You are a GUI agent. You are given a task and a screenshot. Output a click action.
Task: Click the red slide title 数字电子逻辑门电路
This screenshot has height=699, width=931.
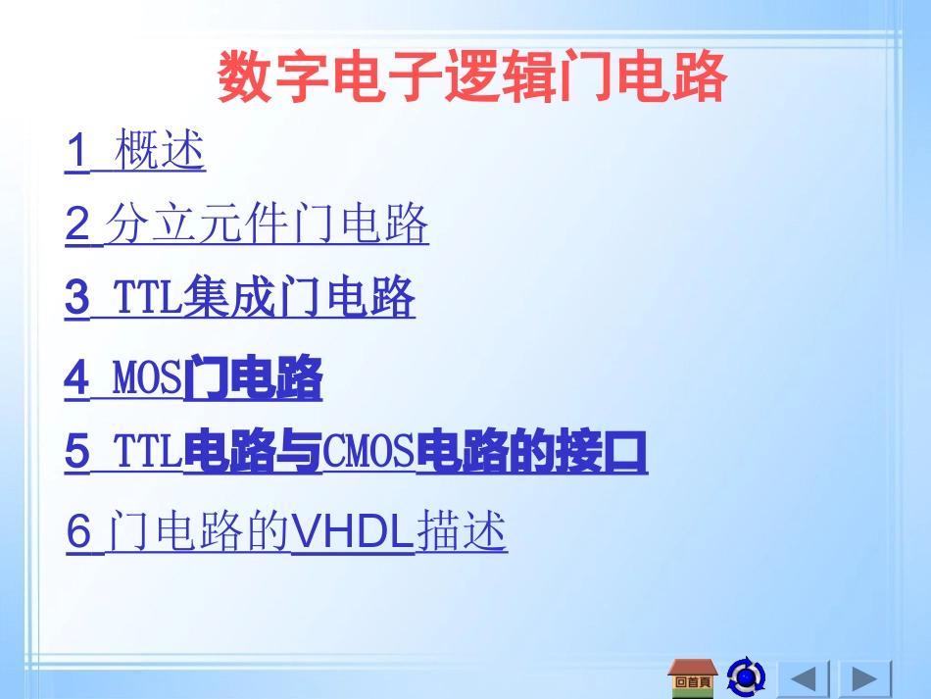coord(471,77)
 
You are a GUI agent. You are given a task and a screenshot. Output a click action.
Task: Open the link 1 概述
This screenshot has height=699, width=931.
coord(135,152)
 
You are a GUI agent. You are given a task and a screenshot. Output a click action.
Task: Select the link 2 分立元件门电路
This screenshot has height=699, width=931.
coord(247,225)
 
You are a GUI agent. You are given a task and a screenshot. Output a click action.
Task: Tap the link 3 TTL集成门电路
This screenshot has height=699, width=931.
coord(240,298)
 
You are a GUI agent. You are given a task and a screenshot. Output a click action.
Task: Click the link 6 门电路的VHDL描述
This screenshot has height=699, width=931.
coord(286,532)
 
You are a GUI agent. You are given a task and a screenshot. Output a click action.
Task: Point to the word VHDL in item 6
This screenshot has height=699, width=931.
coord(353,532)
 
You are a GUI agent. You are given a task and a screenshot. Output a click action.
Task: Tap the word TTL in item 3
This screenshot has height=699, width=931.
coord(148,298)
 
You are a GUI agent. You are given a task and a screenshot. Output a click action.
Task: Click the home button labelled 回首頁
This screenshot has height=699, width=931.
coord(693,677)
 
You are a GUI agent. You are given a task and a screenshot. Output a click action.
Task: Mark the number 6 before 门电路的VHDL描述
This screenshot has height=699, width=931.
coord(79,532)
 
